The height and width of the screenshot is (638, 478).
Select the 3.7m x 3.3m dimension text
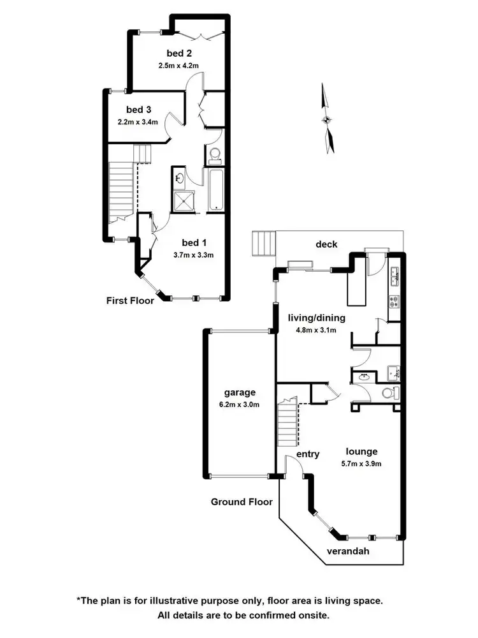193,255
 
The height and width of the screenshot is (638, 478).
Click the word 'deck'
326,244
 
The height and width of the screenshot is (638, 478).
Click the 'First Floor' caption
130,300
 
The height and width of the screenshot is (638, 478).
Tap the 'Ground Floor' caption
242,502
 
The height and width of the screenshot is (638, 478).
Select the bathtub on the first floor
215,190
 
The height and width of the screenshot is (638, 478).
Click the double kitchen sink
395,276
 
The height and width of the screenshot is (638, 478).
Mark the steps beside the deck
263,243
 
